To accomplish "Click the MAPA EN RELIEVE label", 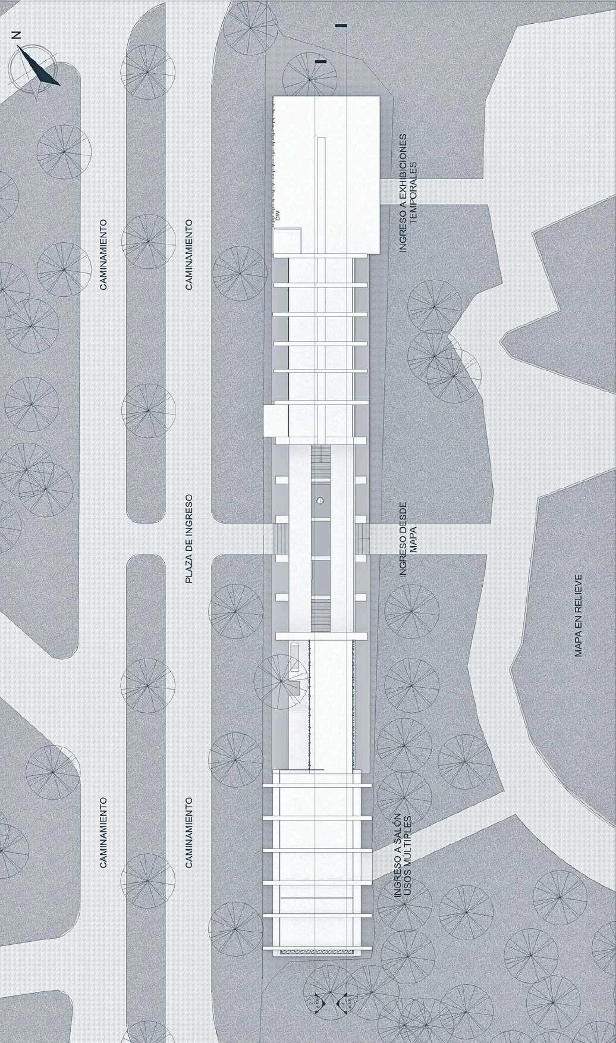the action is (578, 615).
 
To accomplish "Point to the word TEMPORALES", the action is (414, 192).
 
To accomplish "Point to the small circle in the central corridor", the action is (320, 500).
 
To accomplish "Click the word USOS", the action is (408, 870).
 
